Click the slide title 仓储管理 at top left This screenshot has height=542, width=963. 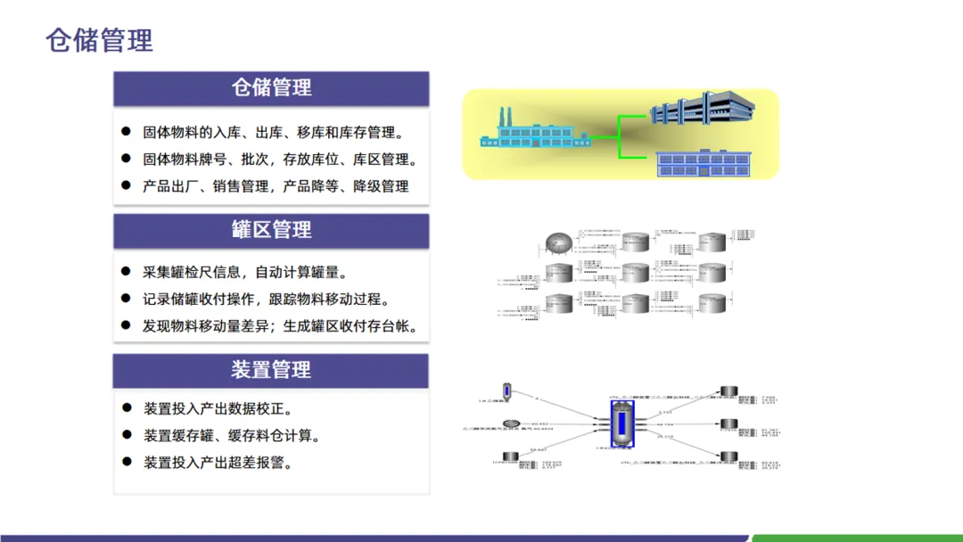(x=99, y=40)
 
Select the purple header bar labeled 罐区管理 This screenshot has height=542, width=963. (x=271, y=230)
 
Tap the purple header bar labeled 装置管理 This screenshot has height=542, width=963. (x=271, y=370)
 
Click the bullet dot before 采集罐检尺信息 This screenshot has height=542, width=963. (x=126, y=272)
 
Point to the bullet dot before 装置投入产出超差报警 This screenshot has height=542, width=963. (x=126, y=463)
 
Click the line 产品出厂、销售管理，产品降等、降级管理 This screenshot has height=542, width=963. (x=276, y=186)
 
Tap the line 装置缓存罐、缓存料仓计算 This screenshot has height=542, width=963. (x=232, y=436)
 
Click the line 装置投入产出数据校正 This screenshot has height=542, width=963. (x=218, y=409)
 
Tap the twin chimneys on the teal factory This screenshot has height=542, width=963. (x=505, y=117)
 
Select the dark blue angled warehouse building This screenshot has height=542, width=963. (x=702, y=108)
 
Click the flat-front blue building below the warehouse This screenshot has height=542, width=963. (x=700, y=163)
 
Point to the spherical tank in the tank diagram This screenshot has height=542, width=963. (x=559, y=242)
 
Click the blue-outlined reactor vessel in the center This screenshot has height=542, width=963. (x=622, y=423)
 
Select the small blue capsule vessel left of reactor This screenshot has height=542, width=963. (x=507, y=391)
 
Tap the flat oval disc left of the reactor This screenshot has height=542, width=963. (x=511, y=423)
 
